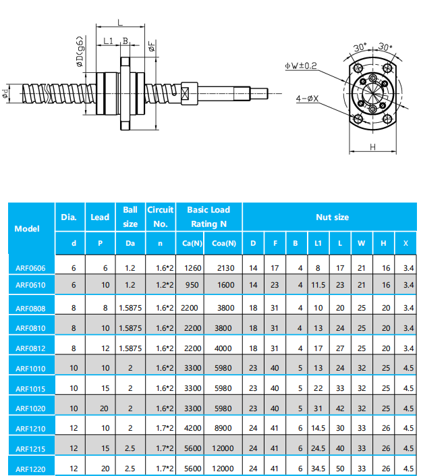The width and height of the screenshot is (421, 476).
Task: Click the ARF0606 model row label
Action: [30, 268]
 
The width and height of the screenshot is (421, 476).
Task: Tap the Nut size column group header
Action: [332, 217]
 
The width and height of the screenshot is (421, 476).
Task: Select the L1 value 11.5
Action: [318, 286]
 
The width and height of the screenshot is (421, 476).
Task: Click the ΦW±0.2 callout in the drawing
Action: [301, 65]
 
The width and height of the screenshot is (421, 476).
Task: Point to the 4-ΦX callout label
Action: [308, 99]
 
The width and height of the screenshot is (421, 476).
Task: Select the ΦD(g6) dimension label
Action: [80, 52]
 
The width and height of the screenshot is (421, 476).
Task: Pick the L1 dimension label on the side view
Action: [108, 41]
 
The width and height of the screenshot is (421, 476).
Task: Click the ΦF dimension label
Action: [152, 46]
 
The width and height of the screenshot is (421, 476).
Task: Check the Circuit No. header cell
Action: [160, 217]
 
